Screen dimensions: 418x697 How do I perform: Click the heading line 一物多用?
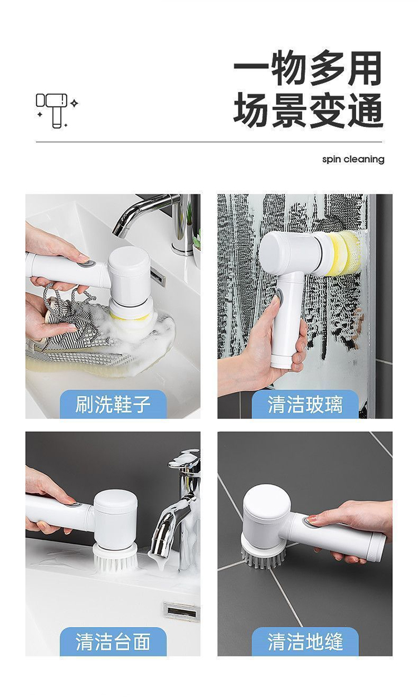(x=308, y=69)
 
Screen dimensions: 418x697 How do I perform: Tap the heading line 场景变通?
(x=308, y=110)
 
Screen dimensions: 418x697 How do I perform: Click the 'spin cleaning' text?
(x=353, y=160)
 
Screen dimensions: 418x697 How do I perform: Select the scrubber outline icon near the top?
(x=56, y=110)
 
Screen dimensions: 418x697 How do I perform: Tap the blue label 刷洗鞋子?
(x=113, y=404)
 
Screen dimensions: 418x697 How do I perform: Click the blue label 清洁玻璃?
(x=305, y=404)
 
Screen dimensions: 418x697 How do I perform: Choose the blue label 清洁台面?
(x=113, y=642)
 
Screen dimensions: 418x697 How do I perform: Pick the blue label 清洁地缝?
(x=305, y=642)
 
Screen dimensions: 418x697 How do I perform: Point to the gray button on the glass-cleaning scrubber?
(x=279, y=294)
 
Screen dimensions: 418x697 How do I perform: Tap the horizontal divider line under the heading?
(x=209, y=142)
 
